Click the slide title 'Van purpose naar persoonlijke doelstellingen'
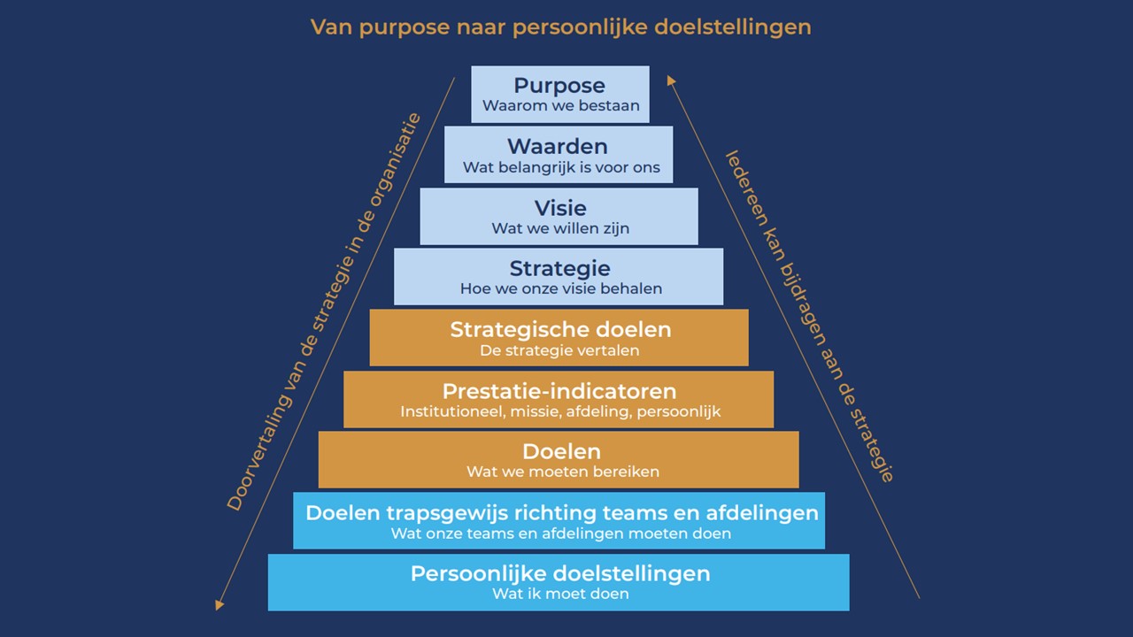coord(560,27)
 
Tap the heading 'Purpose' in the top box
coord(559,86)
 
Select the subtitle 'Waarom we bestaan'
coord(560,106)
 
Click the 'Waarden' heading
coord(558,146)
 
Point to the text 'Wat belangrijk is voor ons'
coord(561,167)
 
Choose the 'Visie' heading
coord(560,208)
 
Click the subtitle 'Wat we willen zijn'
coord(560,228)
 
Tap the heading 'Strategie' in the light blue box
coord(559,268)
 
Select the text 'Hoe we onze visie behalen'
coord(561,288)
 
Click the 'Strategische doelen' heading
coord(560,330)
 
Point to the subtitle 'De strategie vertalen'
coord(559,350)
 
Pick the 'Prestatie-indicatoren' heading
coord(559,391)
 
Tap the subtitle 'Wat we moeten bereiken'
coord(563,472)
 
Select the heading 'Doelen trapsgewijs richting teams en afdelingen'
coord(562,512)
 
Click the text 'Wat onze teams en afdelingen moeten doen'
coord(561,533)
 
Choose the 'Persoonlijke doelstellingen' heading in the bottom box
coord(560,573)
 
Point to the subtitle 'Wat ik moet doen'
coord(560,594)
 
